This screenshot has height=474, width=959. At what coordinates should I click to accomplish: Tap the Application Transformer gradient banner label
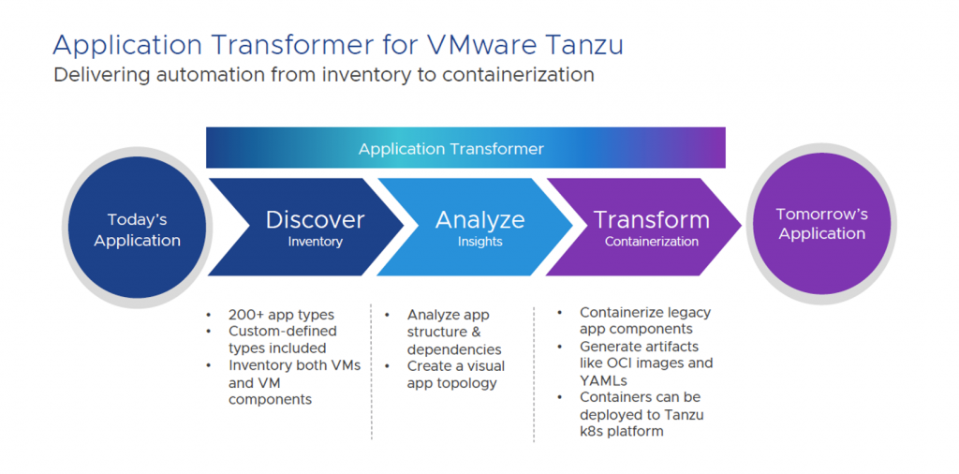[450, 149]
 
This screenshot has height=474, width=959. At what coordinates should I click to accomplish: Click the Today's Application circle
[137, 230]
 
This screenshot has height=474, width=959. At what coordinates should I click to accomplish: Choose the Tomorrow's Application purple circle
[821, 225]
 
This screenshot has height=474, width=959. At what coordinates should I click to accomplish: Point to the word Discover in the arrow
[315, 220]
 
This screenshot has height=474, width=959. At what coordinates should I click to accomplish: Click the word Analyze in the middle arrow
[480, 220]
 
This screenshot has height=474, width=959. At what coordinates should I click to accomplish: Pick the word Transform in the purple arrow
[652, 220]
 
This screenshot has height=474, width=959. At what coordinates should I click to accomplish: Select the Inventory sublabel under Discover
[315, 242]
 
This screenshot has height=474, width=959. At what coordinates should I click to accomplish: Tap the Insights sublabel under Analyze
[480, 242]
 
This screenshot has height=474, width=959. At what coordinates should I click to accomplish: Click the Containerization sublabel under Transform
[652, 242]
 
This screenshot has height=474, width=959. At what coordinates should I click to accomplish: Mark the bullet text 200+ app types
[281, 315]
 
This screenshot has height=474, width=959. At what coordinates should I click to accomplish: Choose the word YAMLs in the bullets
[604, 379]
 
